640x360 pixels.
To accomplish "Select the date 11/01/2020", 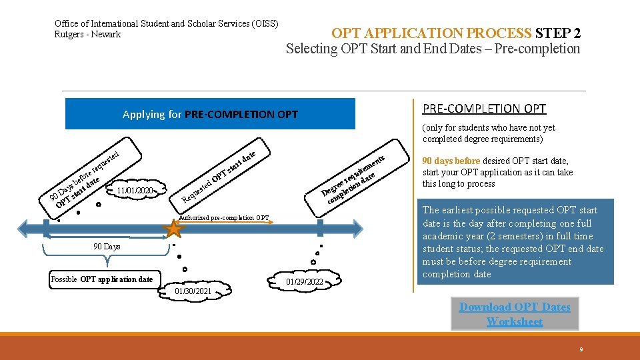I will pyautogui.click(x=135, y=191).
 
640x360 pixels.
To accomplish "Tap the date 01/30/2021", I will pyautogui.click(x=193, y=291).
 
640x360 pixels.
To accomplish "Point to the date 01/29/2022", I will pyautogui.click(x=305, y=282).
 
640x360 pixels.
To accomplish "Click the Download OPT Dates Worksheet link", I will pyautogui.click(x=514, y=314).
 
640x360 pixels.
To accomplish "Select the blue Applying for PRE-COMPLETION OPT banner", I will pyautogui.click(x=210, y=114).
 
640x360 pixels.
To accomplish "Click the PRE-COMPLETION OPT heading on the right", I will pyautogui.click(x=484, y=109).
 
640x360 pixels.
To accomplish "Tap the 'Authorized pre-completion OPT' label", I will pyautogui.click(x=225, y=218).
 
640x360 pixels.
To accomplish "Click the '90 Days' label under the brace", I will pyautogui.click(x=107, y=247).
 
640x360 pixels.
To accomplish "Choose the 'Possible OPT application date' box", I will pyautogui.click(x=102, y=279).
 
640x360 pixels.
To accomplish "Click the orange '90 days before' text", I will pyautogui.click(x=451, y=161).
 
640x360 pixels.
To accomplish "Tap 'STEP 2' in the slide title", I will pyautogui.click(x=557, y=33).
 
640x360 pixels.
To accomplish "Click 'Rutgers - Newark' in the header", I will pyautogui.click(x=87, y=35).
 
